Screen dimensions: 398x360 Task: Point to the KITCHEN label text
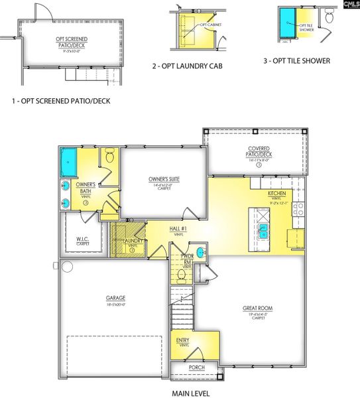pyautogui.click(x=276, y=193)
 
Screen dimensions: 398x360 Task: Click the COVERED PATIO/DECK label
pyautogui.click(x=258, y=151)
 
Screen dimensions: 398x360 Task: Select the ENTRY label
pyautogui.click(x=183, y=341)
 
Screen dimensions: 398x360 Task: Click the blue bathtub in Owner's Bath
pyautogui.click(x=68, y=159)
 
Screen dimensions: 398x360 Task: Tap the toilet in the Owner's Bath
pyautogui.click(x=109, y=158)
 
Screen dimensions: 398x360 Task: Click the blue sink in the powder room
pyautogui.click(x=202, y=252)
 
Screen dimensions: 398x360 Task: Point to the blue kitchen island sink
pyautogui.click(x=263, y=230)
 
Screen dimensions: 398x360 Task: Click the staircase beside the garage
pyautogui.click(x=180, y=308)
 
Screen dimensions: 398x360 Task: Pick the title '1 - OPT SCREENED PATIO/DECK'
pyautogui.click(x=60, y=101)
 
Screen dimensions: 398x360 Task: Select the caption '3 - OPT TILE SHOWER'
pyautogui.click(x=296, y=62)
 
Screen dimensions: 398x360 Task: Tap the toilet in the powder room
pyautogui.click(x=180, y=273)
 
